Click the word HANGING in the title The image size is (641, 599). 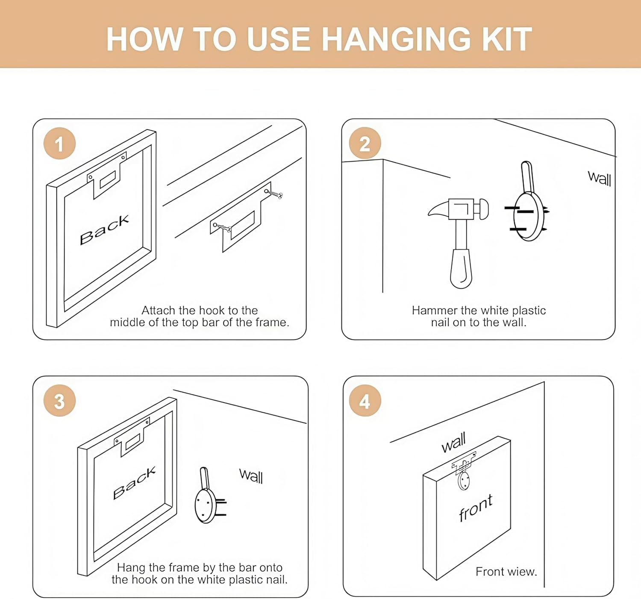coord(396,39)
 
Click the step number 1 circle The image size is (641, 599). coord(60,143)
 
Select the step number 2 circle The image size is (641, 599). coord(365,143)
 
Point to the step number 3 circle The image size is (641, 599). coord(60,400)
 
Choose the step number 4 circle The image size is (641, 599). coord(365,400)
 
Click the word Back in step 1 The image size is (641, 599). coord(104,229)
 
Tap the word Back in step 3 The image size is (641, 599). coord(134,483)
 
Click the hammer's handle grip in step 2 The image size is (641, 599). coord(461,268)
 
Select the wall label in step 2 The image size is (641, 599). coord(600,178)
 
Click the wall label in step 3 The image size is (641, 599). coord(251,476)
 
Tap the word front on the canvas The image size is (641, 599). coord(476,508)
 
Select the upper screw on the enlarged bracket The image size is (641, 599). coord(273,194)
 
